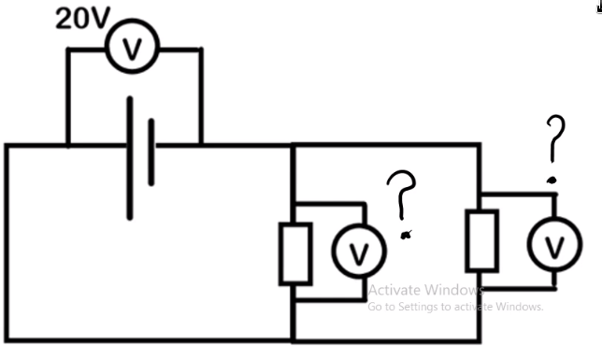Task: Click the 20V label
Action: [81, 19]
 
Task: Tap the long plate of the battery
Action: [130, 157]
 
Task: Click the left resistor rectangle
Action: [295, 253]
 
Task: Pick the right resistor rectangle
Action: [482, 240]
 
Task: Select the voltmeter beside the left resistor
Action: [354, 252]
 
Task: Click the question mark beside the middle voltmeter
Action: [404, 194]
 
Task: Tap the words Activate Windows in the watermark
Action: [423, 290]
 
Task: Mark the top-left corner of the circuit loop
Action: [7, 145]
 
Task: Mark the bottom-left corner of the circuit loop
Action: [7, 340]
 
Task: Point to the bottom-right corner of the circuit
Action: [480, 340]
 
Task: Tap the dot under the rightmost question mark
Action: [552, 178]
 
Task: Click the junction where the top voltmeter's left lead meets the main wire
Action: [67, 145]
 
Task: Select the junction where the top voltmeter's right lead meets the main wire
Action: [200, 145]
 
